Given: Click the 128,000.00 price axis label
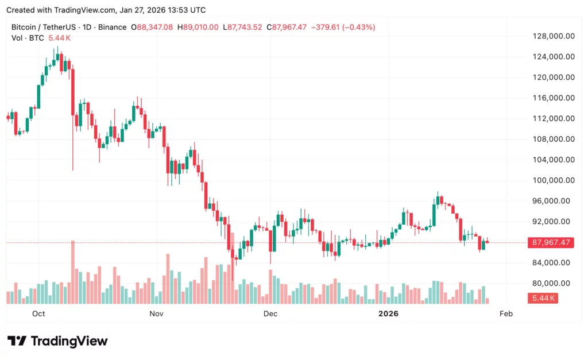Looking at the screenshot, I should pyautogui.click(x=554, y=36).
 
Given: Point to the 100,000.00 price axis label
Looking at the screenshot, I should pyautogui.click(x=554, y=180).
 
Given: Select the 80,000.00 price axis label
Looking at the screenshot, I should pyautogui.click(x=554, y=283).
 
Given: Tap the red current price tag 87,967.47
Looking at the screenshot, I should pyautogui.click(x=551, y=242).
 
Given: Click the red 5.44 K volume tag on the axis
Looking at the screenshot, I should pyautogui.click(x=543, y=298).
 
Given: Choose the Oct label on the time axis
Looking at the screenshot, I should pyautogui.click(x=38, y=313).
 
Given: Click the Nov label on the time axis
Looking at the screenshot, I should pyautogui.click(x=156, y=313).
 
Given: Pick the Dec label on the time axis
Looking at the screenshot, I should pyautogui.click(x=270, y=313).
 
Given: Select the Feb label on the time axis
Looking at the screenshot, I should pyautogui.click(x=506, y=313).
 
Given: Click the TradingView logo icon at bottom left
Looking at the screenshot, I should pyautogui.click(x=17, y=341).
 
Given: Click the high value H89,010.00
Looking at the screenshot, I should pyautogui.click(x=198, y=27).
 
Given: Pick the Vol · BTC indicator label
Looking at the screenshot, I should pyautogui.click(x=28, y=38).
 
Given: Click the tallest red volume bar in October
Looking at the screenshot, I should pyautogui.click(x=73, y=272).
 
